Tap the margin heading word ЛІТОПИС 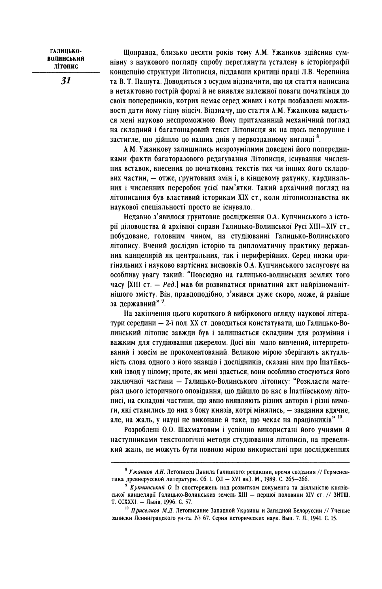click(x=66, y=66)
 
